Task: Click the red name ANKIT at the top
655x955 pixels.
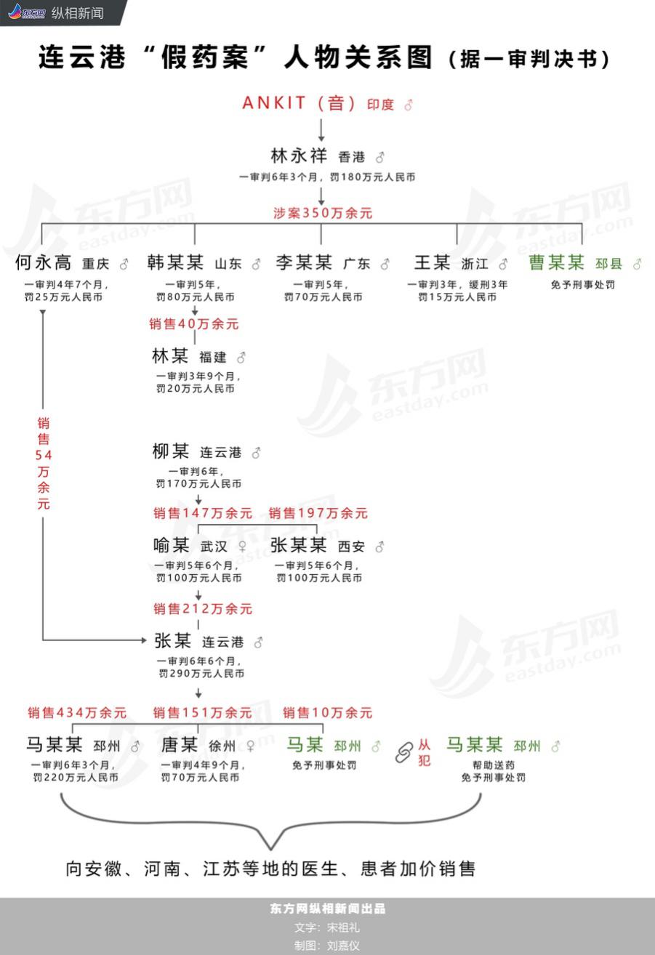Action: click(x=274, y=103)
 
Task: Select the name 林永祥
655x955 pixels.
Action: click(x=298, y=156)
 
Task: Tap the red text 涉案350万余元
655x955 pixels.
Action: click(x=322, y=214)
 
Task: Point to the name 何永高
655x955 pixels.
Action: click(x=43, y=262)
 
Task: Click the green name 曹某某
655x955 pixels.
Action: click(x=556, y=262)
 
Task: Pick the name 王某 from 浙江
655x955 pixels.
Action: click(x=432, y=262)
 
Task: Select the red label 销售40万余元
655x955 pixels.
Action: click(x=194, y=324)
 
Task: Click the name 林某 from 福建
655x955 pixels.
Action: click(x=170, y=356)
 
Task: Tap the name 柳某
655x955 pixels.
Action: click(x=171, y=451)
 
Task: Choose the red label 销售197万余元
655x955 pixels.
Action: click(x=318, y=513)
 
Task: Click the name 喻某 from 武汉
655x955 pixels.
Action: click(x=172, y=545)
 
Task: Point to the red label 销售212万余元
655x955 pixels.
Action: click(x=203, y=609)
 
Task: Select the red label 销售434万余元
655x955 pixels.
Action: click(x=77, y=713)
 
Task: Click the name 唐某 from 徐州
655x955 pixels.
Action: click(x=179, y=745)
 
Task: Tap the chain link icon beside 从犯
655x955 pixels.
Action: click(x=403, y=753)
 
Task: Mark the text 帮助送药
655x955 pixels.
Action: click(x=494, y=765)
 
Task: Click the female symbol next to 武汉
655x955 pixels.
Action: click(x=242, y=547)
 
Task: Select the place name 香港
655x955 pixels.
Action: click(x=351, y=157)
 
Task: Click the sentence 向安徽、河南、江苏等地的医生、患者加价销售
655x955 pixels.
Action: click(x=270, y=868)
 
